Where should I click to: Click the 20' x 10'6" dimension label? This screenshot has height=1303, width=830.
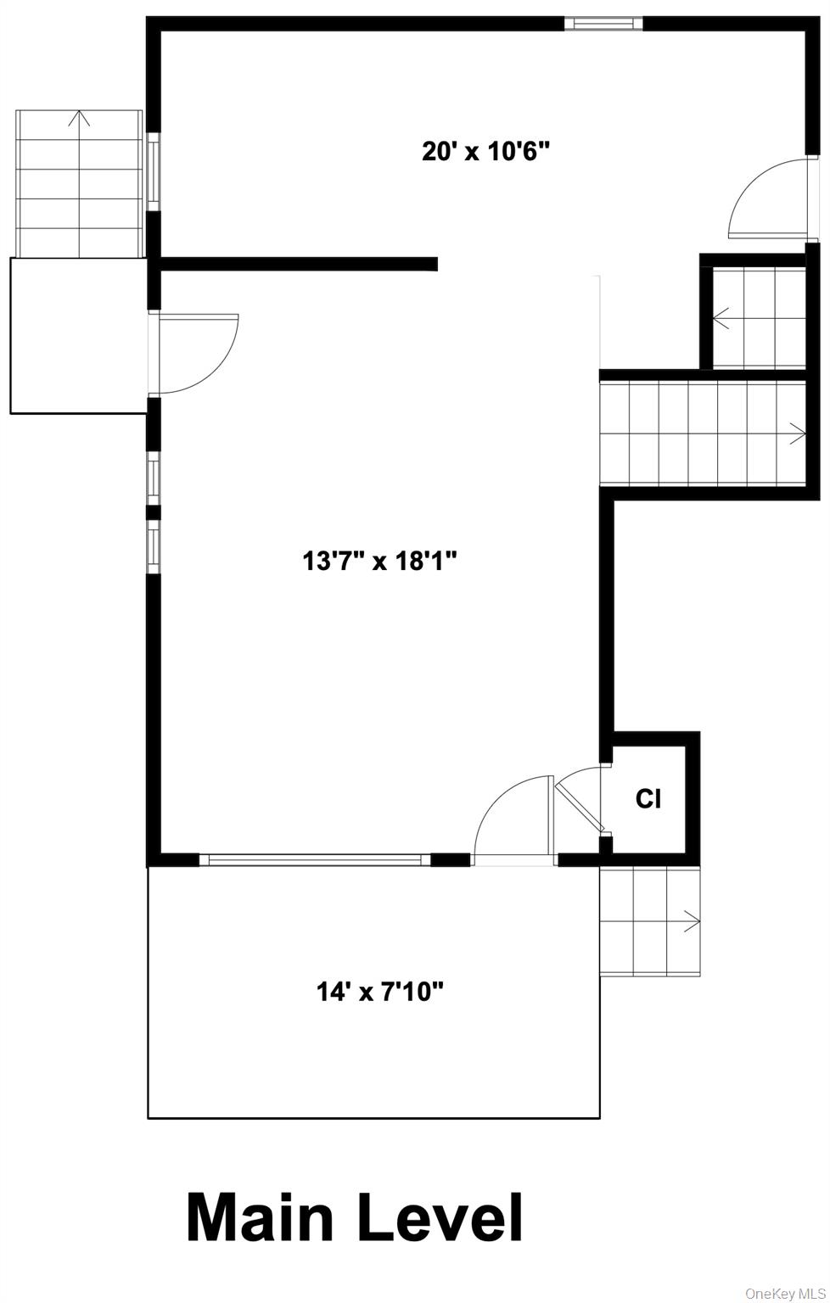point(486,152)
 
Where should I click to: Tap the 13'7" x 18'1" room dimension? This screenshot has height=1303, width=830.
point(380,561)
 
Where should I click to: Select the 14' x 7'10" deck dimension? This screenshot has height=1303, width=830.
point(380,990)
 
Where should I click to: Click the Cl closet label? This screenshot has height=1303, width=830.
point(648,798)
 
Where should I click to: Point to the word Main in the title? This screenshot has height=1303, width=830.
point(260,1219)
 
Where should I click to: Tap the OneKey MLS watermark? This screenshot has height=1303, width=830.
point(784,1294)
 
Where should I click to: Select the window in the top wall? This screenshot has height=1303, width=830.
point(603,24)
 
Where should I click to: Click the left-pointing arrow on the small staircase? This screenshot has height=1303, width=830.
point(722,319)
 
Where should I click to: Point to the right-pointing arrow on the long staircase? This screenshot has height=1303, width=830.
point(797,433)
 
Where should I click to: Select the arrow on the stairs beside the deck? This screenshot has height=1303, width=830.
point(691,920)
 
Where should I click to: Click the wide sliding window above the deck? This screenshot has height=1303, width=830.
point(315,860)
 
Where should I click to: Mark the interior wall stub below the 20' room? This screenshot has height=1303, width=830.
point(297,265)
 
